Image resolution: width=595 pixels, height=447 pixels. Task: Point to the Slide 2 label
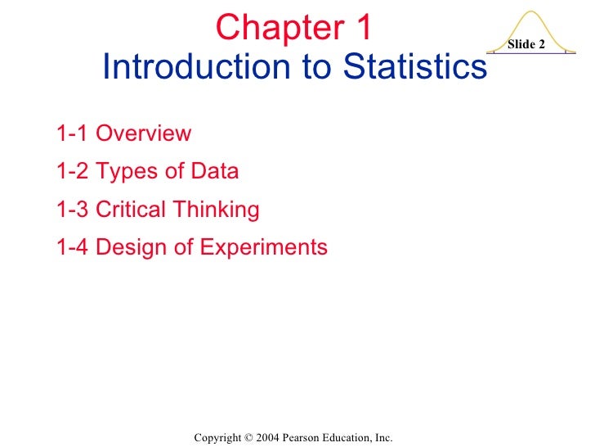pos(526,44)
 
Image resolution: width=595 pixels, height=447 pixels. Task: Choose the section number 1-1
pos(72,133)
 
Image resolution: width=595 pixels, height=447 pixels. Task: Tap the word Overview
pos(144,133)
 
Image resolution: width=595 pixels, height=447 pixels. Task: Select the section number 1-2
pos(72,172)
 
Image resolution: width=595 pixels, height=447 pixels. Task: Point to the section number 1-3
pos(72,210)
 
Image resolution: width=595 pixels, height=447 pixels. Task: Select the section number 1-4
pos(72,247)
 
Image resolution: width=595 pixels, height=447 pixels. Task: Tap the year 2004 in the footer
pos(266,439)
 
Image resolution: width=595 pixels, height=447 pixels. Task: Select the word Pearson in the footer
pos(304,439)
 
